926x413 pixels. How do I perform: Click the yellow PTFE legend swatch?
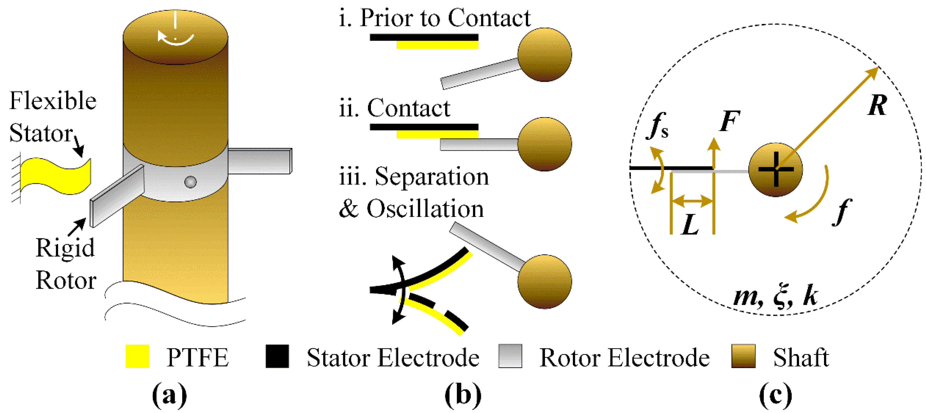click(137, 356)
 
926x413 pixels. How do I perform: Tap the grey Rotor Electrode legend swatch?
click(510, 356)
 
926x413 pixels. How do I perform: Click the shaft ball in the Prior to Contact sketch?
click(544, 55)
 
